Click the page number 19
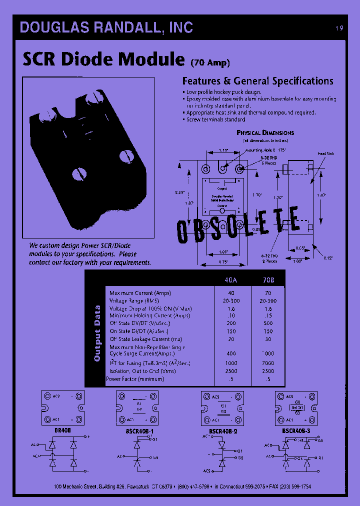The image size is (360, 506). pos(339,28)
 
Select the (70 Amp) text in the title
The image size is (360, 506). pos(210,62)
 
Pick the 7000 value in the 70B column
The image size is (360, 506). pos(268,363)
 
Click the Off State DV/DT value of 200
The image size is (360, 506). pos(231,323)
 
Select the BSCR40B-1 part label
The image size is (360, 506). pos(137,429)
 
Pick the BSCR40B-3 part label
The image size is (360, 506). pos(296,429)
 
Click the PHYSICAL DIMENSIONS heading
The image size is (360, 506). pos(265,133)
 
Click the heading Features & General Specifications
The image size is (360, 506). pos(257,81)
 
